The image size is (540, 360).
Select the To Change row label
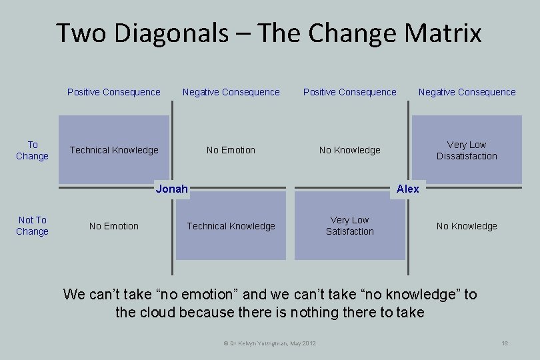(32, 150)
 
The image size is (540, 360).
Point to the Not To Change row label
(32, 225)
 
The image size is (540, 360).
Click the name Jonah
(171, 189)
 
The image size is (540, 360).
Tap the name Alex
(407, 189)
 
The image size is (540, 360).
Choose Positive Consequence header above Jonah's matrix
(114, 92)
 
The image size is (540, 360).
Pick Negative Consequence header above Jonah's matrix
(231, 92)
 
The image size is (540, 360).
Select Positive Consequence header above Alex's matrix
(349, 92)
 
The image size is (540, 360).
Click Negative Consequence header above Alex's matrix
(467, 92)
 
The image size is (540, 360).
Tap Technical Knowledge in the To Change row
(114, 150)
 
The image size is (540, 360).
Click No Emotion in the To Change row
(231, 150)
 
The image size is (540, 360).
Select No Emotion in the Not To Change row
(114, 226)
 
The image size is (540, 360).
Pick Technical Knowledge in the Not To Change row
(231, 226)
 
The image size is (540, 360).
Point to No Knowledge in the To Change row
(349, 150)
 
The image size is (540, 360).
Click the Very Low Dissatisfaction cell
(467, 150)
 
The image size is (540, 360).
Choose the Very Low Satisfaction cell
(349, 225)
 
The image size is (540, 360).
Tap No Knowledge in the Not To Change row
(467, 226)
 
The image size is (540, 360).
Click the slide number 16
(505, 343)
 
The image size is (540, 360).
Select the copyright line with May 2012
(269, 343)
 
